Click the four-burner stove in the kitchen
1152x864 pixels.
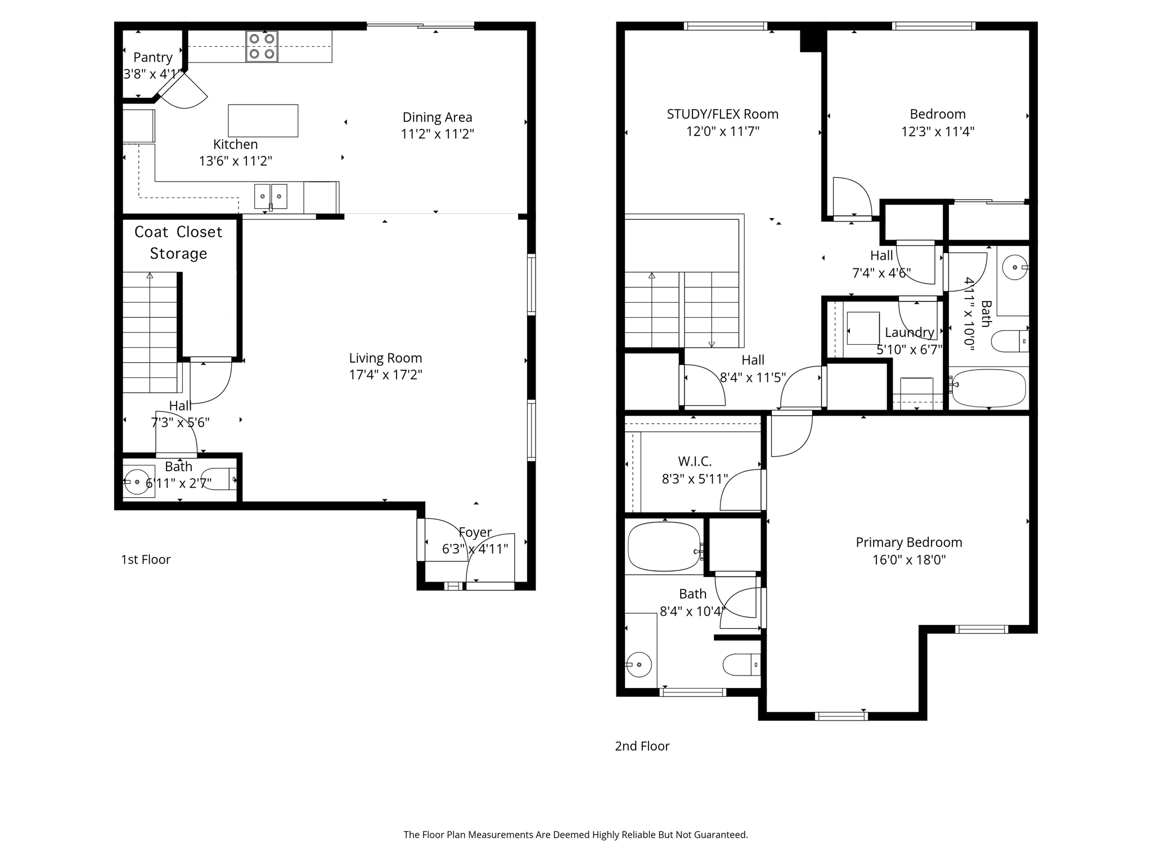(262, 47)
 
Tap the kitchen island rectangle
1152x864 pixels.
(263, 120)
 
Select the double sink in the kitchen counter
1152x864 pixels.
(271, 196)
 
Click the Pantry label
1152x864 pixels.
(152, 57)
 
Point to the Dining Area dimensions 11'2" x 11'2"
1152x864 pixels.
(437, 134)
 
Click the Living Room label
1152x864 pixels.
(385, 358)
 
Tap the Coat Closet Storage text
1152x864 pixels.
(178, 242)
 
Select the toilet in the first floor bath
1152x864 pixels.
(218, 479)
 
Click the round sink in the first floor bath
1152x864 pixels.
(137, 482)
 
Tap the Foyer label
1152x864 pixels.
(475, 532)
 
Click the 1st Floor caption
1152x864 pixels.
(146, 559)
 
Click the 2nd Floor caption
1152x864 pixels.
(642, 746)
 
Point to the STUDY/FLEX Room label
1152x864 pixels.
(722, 114)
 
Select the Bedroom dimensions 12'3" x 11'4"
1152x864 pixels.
(937, 132)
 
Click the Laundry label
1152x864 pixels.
(909, 332)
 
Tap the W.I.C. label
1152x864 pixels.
(695, 461)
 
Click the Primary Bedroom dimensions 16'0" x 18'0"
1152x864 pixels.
(908, 560)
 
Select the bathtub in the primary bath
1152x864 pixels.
(664, 547)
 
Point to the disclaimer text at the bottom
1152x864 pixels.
(575, 835)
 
